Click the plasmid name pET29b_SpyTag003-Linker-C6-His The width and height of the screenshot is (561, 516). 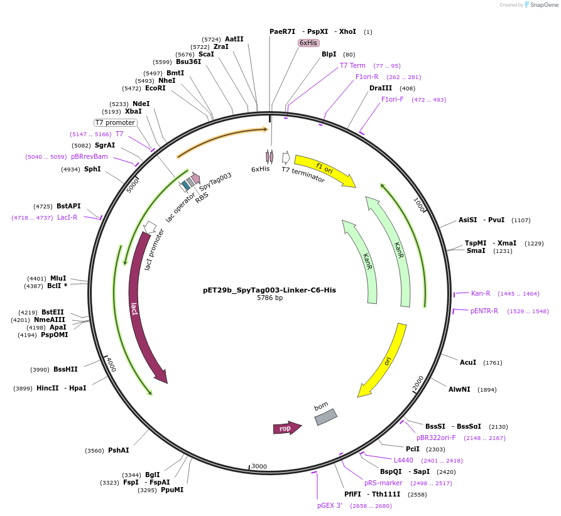pos(270,290)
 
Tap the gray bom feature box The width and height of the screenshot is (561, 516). pos(326,417)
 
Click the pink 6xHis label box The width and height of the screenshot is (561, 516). pos(308,43)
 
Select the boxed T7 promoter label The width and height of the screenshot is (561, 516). pos(115,122)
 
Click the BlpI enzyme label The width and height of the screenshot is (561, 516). pos(329,54)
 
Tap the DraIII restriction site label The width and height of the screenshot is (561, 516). pos(381,88)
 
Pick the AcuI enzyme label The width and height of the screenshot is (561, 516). pos(468,362)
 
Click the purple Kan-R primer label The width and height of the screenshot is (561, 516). pos(481,293)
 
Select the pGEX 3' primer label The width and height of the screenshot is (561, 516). pos(330,505)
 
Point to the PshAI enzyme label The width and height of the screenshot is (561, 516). pos(118,450)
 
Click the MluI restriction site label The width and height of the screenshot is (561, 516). pos(58,278)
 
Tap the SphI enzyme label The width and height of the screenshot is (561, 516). pos(92,169)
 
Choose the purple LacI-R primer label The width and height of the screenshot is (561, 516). pos(67,217)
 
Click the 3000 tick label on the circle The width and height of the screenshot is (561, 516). pos(259,466)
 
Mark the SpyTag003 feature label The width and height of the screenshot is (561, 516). pos(215,181)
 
